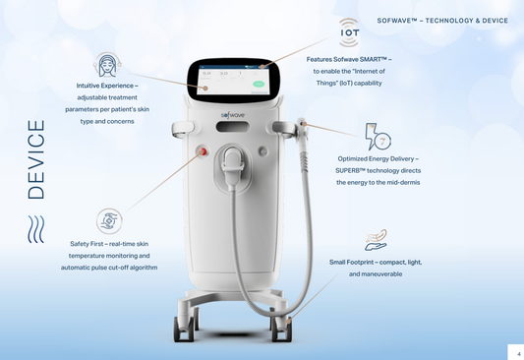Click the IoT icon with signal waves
click(350, 32)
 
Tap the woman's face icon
click(107, 65)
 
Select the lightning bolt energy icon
click(378, 137)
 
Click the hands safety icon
click(109, 221)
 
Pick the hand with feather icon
click(376, 240)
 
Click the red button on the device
click(202, 151)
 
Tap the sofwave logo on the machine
click(233, 115)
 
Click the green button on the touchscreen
click(259, 84)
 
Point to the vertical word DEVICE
click(36, 159)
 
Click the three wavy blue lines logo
click(36, 229)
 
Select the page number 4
click(519, 354)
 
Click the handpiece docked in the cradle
click(233, 166)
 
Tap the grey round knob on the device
click(262, 151)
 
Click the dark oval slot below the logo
click(233, 127)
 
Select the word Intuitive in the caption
click(87, 86)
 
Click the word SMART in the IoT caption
click(371, 59)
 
